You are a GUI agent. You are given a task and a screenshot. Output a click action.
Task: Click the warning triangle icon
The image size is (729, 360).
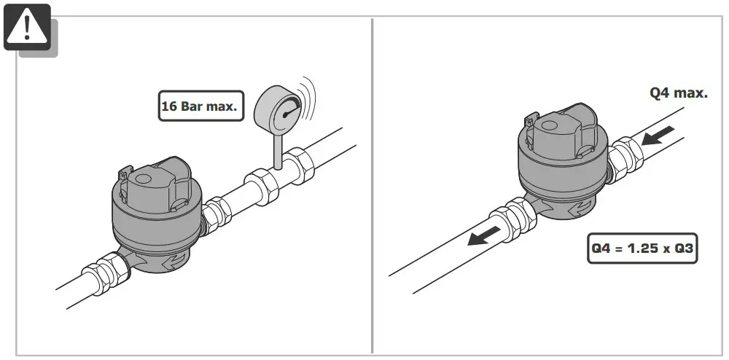tap(27, 27)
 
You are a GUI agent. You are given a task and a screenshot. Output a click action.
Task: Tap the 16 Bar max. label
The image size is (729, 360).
tap(199, 106)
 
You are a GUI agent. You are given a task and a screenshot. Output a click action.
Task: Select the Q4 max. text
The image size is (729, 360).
tap(678, 93)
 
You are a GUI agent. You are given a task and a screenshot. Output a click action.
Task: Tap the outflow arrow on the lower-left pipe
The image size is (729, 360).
tap(484, 236)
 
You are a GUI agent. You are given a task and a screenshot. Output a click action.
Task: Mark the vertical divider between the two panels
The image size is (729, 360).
tap(373, 182)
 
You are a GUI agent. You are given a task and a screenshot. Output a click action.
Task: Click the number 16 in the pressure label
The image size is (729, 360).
tap(170, 106)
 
